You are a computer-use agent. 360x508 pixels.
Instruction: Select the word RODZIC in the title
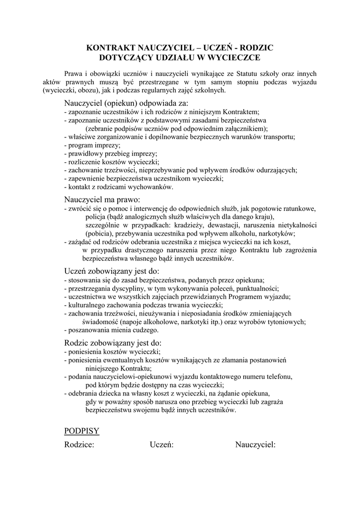click(257, 48)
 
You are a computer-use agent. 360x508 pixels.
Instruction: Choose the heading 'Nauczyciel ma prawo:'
click(102, 198)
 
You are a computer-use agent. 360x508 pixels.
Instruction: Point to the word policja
click(95, 217)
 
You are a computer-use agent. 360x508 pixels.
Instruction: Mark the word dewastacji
click(229, 225)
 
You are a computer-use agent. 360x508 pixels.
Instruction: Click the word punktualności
click(258, 288)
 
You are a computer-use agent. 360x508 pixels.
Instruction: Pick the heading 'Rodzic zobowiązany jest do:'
click(113, 343)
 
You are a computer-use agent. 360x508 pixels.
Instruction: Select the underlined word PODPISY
click(82, 431)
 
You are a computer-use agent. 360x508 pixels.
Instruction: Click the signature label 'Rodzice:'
click(79, 445)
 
